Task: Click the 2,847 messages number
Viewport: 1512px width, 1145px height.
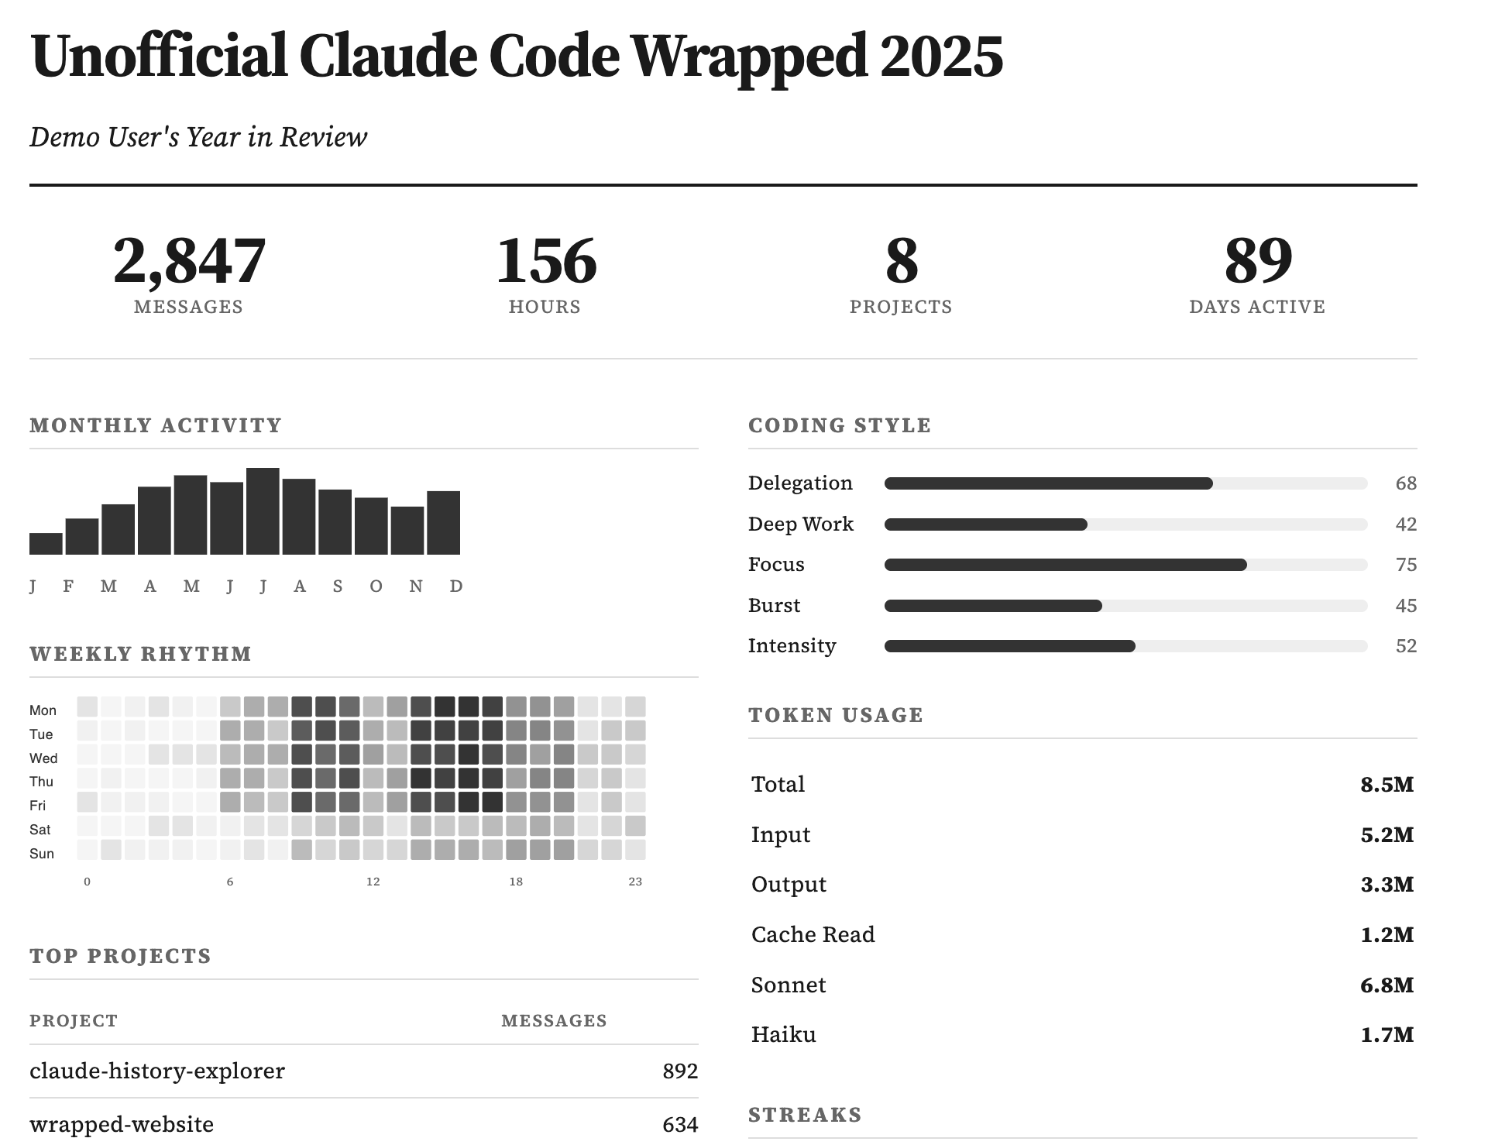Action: (189, 262)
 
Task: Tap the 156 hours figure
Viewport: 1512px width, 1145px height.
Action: (545, 262)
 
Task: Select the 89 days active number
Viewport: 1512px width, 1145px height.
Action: (1257, 262)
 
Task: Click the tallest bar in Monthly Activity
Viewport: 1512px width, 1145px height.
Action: (263, 511)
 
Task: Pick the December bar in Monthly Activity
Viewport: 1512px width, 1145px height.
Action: (443, 523)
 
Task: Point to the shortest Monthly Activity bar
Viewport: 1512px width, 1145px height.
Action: (46, 544)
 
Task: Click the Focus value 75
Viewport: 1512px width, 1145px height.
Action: (1405, 565)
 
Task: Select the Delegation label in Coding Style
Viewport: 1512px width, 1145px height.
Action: (800, 483)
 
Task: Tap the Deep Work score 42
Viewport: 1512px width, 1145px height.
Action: (1405, 524)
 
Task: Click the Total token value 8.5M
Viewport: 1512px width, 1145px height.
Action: (1387, 785)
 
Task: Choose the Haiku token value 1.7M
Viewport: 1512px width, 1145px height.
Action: (1387, 1035)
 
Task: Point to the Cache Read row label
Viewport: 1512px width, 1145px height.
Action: (813, 935)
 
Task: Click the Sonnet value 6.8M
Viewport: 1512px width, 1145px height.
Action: (1387, 985)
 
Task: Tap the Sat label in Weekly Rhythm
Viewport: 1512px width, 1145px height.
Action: (40, 830)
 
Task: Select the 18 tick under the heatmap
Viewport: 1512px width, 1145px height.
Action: (516, 882)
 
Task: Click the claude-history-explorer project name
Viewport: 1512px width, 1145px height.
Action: (157, 1071)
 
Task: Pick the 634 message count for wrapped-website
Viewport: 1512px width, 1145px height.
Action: (679, 1124)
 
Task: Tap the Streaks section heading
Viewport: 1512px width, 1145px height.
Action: (805, 1115)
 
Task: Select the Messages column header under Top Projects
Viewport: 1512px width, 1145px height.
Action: (554, 1021)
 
